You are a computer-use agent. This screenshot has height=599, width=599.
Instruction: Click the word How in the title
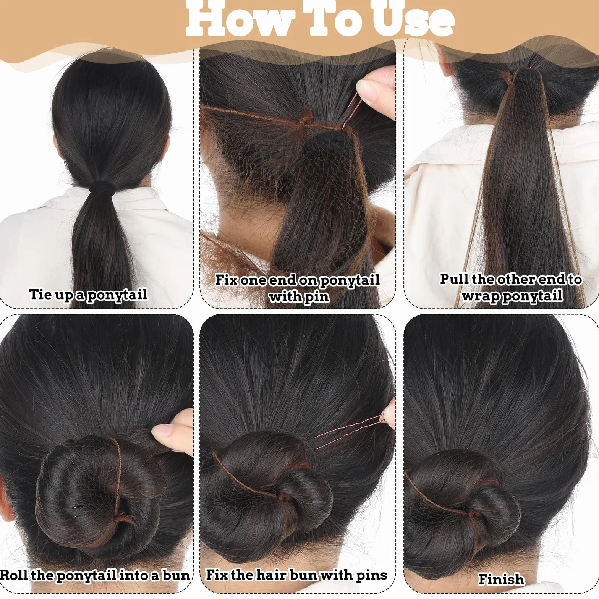241,20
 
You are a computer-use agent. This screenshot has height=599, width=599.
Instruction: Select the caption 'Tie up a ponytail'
88,295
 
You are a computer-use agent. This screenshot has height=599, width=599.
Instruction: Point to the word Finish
501,579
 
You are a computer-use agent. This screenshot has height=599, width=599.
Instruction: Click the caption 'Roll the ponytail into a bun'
95,575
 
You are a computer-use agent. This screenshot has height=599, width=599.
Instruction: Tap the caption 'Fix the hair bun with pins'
296,575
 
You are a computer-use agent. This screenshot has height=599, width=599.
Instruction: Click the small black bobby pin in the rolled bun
76,507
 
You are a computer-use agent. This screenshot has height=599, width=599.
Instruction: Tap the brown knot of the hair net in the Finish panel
475,514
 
